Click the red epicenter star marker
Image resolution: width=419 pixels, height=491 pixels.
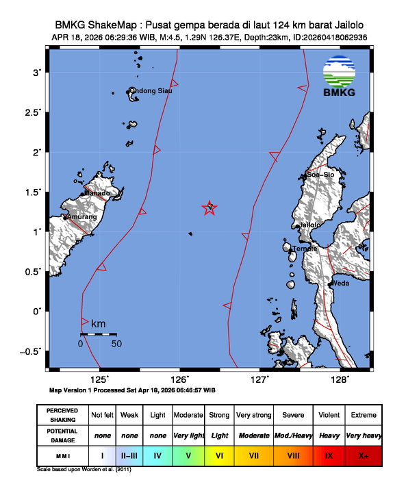pyautogui.click(x=210, y=208)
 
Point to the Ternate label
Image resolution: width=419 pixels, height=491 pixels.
pyautogui.click(x=305, y=248)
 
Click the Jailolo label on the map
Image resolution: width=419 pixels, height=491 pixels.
pyautogui.click(x=310, y=225)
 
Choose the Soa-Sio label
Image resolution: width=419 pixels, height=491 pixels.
pyautogui.click(x=320, y=175)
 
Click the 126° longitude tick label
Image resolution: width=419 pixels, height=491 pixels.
pyautogui.click(x=180, y=379)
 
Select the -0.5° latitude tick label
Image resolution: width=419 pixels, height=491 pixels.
pyautogui.click(x=31, y=351)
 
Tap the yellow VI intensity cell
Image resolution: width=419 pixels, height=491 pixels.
pyautogui.click(x=220, y=454)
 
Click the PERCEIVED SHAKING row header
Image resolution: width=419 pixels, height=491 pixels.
pyautogui.click(x=62, y=415)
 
